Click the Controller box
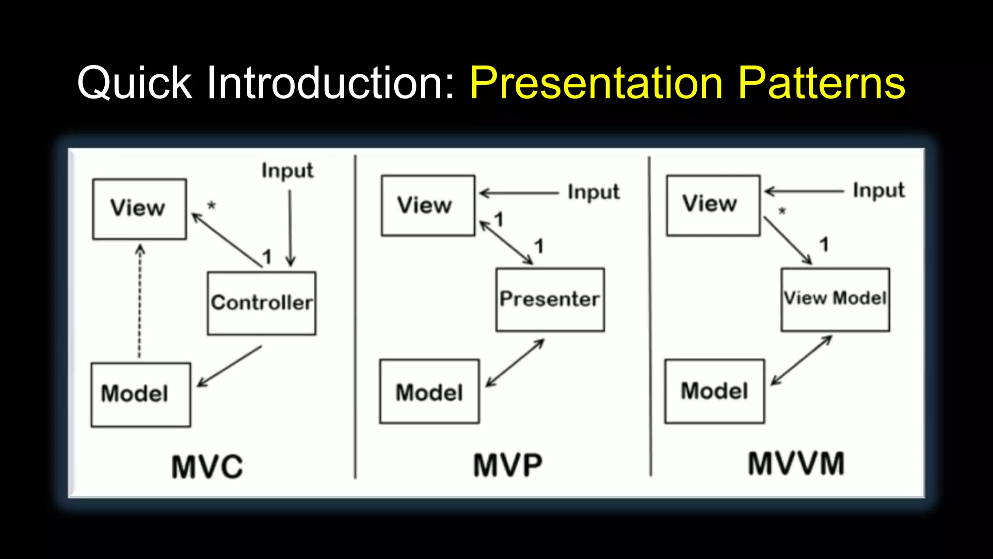262,303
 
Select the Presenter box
550,299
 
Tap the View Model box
835,299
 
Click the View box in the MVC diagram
139,209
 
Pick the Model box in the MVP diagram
429,391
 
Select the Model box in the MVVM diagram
714,391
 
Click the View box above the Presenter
428,205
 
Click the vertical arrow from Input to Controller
290,228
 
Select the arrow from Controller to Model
229,366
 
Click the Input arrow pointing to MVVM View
805,191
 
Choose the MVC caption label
207,467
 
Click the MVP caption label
508,465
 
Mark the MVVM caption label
796,463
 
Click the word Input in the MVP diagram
593,192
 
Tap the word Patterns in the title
822,83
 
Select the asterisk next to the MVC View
211,205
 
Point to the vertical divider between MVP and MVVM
650,315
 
